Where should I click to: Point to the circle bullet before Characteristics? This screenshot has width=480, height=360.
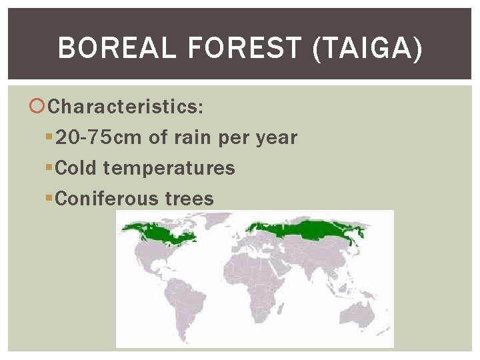39,107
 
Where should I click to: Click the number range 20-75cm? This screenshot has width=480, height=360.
99,138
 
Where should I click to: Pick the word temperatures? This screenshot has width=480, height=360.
169,168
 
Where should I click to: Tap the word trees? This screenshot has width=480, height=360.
190,199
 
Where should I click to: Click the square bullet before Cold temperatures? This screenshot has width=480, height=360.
49,168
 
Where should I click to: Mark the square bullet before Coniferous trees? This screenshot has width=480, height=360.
49,199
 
